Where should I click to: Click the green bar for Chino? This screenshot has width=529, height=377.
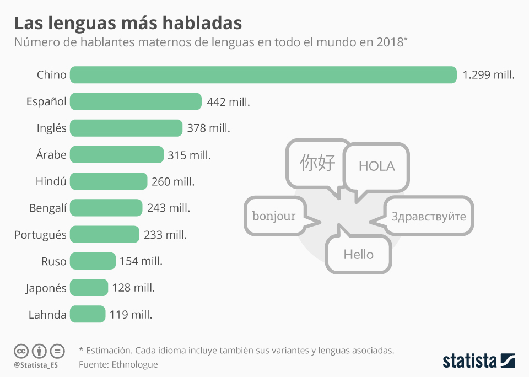(263, 75)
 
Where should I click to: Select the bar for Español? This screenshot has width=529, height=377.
(136, 101)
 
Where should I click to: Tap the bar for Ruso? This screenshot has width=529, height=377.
(93, 261)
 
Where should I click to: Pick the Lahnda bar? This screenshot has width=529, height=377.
(87, 314)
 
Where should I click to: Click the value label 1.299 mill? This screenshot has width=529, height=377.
(488, 75)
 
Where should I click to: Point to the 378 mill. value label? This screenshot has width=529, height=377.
(208, 128)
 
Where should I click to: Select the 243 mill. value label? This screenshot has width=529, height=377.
(168, 208)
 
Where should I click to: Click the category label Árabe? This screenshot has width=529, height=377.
(51, 155)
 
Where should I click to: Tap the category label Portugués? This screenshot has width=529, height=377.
(40, 235)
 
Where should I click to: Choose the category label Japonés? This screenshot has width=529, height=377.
(46, 288)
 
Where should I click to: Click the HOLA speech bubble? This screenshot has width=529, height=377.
(376, 166)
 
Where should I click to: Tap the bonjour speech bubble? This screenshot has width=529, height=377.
(274, 216)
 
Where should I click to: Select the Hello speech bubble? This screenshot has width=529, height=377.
(358, 254)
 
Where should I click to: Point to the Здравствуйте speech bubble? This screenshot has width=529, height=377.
(429, 216)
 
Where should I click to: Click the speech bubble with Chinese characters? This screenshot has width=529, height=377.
(318, 163)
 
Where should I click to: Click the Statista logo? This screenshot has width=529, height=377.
(479, 361)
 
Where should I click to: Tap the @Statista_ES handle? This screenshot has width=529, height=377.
(36, 365)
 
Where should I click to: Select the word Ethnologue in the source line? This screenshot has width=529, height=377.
(134, 364)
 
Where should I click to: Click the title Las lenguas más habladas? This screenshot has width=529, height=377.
(128, 23)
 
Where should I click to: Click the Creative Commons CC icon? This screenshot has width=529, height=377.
(21, 351)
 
